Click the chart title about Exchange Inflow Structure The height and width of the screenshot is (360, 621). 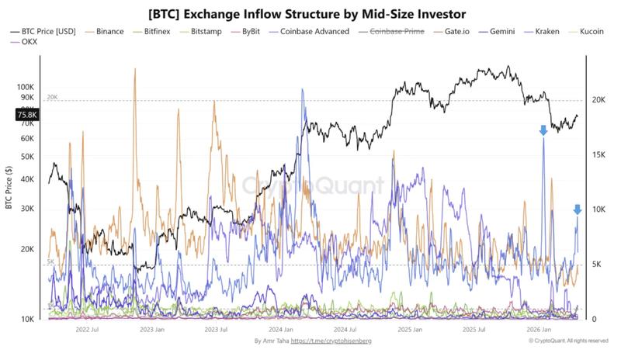point(310,13)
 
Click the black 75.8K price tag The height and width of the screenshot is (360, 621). point(27,115)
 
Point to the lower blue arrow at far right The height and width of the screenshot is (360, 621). point(577,209)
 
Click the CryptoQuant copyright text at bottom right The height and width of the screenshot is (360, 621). point(571,341)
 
